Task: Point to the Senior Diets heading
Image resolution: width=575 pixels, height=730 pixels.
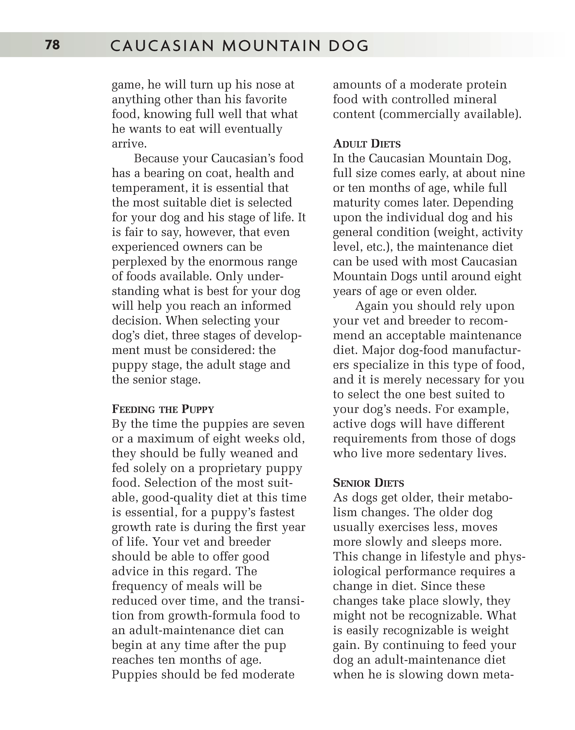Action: (368, 483)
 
